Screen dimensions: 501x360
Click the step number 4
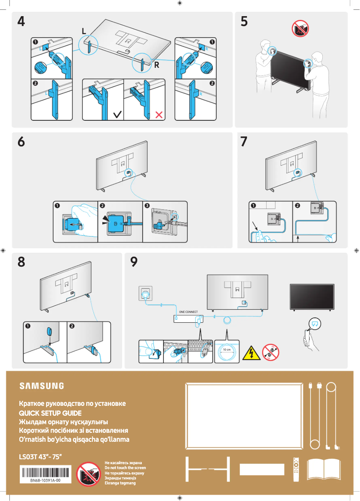[21, 22]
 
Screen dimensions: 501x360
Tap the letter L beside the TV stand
[84, 31]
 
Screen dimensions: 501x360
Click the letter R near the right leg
[157, 65]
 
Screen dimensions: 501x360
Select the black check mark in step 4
[117, 114]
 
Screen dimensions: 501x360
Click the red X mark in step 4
[158, 114]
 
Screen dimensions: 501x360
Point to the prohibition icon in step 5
[299, 29]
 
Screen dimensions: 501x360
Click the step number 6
[21, 141]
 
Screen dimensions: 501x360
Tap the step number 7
[244, 141]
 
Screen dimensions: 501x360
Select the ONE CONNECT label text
[188, 312]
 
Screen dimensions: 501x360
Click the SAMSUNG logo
[41, 386]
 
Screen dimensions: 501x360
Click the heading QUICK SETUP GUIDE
[50, 413]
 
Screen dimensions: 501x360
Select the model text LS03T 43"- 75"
[40, 457]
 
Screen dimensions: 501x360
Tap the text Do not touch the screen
[125, 468]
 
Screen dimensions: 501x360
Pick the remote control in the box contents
[296, 469]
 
